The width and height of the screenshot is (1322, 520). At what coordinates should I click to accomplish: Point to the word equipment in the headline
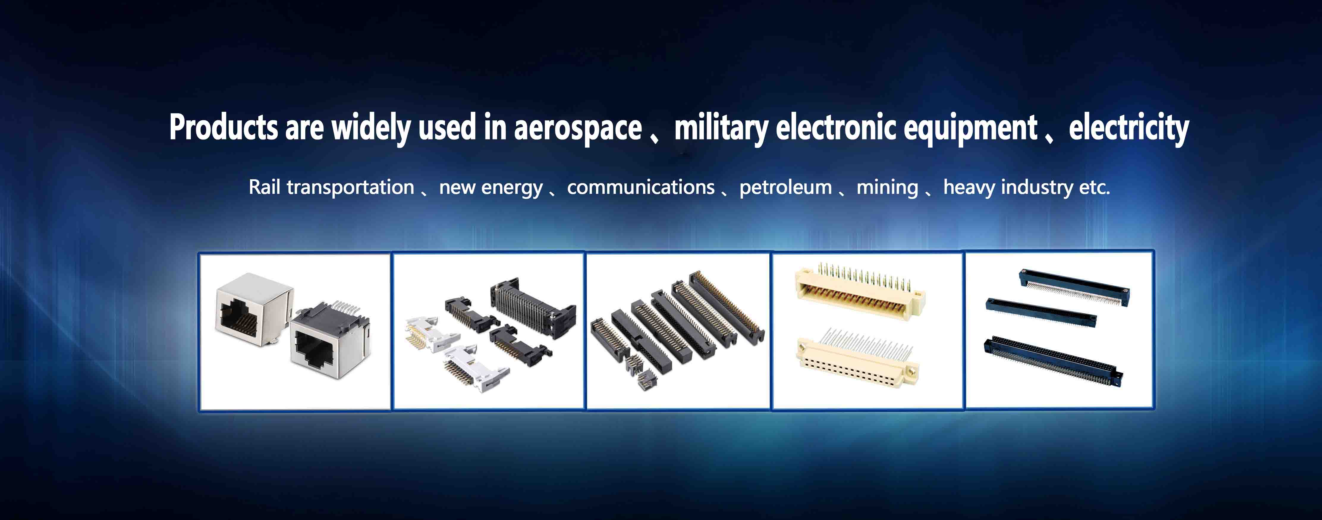pos(970,128)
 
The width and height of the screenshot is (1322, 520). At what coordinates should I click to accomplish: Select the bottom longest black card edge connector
pos(1053,361)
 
